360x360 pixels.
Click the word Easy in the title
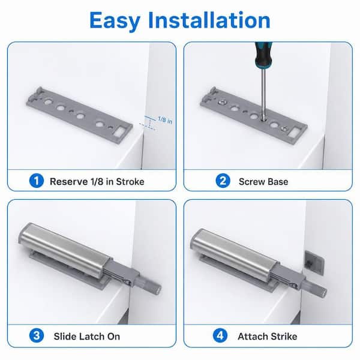[115, 21]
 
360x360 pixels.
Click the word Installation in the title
[209, 20]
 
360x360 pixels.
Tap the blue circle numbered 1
[36, 181]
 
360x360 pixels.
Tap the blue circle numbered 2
[223, 181]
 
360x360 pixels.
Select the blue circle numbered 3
[36, 335]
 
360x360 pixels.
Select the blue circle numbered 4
[220, 335]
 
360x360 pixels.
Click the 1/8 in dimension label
[165, 120]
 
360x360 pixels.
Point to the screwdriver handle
[263, 55]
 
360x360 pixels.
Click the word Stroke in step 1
[130, 182]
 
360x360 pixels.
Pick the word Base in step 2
[278, 182]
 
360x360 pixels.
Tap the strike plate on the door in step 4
[314, 262]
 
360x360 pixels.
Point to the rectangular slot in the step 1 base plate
[120, 133]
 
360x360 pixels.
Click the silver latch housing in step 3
[65, 250]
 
